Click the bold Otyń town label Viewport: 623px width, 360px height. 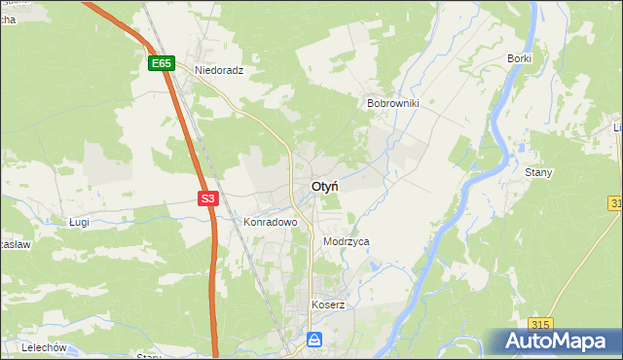coord(325,186)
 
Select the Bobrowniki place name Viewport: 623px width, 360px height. coord(392,102)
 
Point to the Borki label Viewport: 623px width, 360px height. coord(519,58)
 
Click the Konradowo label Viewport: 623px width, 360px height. coord(270,222)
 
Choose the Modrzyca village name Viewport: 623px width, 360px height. coord(347,241)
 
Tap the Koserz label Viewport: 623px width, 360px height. coord(328,305)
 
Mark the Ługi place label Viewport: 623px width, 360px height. coord(80,222)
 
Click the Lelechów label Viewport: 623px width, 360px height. coord(43,347)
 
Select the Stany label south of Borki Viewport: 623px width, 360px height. coord(538,172)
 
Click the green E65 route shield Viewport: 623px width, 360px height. coord(162,63)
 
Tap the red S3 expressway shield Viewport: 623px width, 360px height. coord(207,198)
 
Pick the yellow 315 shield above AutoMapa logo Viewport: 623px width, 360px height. coord(542,324)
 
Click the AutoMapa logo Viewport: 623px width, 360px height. coord(556,342)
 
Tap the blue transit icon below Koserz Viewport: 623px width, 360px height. coord(313,340)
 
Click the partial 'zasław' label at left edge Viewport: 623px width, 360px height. coord(16,245)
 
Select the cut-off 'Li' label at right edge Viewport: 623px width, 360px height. coord(617,127)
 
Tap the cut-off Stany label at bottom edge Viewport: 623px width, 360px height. coord(149,356)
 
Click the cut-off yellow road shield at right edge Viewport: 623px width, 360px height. coord(617,202)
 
